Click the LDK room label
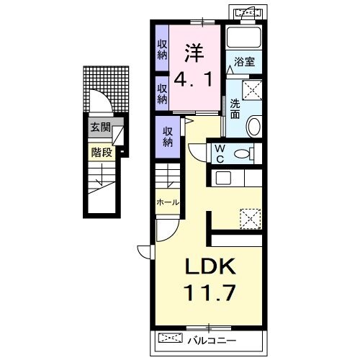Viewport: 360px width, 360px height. [x=210, y=266]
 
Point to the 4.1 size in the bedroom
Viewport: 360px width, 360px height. [x=193, y=80]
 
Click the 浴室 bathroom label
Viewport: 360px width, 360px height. [x=244, y=62]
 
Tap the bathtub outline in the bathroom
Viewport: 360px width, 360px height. [x=244, y=37]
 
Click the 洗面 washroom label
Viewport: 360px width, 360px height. [x=235, y=109]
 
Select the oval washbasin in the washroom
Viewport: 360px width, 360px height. [x=254, y=126]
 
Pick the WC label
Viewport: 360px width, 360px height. [x=220, y=153]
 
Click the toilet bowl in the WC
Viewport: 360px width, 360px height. [x=242, y=153]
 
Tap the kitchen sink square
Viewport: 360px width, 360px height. [x=223, y=178]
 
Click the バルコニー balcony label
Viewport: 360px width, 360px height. [x=212, y=341]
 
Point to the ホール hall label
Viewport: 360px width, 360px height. [x=168, y=202]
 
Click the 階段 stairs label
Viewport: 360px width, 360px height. [x=102, y=152]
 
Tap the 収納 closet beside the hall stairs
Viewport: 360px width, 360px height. [x=168, y=137]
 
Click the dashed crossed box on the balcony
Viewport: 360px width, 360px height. [x=171, y=338]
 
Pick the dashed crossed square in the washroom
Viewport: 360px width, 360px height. [x=252, y=90]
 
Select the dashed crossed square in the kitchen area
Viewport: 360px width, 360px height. [x=251, y=219]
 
